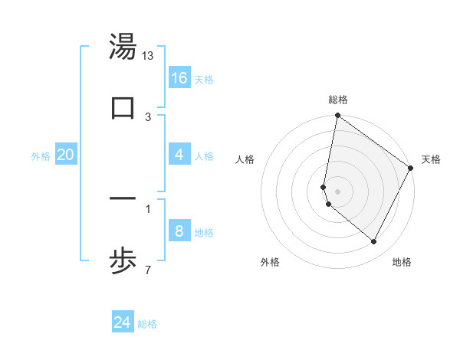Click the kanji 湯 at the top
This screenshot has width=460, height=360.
coord(123,47)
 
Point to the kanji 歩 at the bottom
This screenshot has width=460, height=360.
coord(123,262)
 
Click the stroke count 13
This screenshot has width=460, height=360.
coord(148,56)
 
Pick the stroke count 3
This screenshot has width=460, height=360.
coord(148,117)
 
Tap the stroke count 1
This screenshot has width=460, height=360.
coord(148,208)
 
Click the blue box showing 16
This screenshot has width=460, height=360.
coord(179,78)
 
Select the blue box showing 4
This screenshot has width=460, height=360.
coord(179,155)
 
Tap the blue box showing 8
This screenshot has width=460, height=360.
coord(179,231)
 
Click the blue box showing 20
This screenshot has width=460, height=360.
coord(65,155)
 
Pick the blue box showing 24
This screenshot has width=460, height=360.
coord(123,322)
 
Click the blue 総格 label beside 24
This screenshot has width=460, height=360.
coord(147,324)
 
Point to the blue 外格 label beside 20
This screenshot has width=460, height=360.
coord(41,156)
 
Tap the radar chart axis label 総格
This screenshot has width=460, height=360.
coord(338,100)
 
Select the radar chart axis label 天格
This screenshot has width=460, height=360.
coord(431,159)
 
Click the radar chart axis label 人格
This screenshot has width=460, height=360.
coord(245,159)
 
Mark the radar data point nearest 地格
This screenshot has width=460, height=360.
coord(374,242)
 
